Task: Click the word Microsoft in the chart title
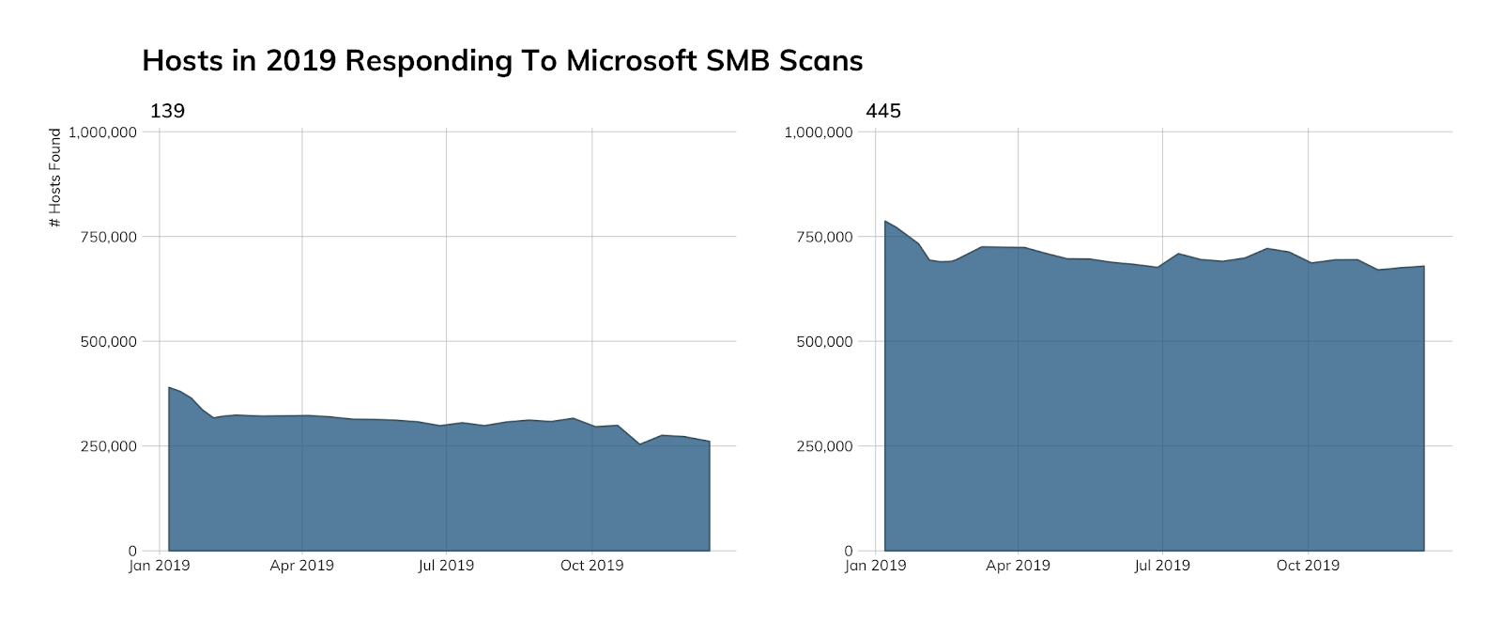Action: (630, 61)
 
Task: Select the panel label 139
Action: (167, 111)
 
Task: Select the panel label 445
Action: (883, 111)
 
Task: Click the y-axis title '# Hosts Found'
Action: (55, 178)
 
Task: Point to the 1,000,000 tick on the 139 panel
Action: (102, 132)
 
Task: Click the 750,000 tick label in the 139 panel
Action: (108, 237)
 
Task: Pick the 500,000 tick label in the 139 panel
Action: (108, 342)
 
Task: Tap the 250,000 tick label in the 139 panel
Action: (108, 446)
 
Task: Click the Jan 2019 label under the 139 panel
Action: (159, 566)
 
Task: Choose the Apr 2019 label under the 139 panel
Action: (301, 566)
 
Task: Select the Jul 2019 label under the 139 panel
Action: (446, 566)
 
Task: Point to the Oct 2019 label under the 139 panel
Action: (591, 566)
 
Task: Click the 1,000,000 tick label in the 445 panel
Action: (819, 132)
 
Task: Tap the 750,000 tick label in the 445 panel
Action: (824, 237)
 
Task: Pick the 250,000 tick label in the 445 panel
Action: (824, 446)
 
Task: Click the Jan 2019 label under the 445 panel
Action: (875, 566)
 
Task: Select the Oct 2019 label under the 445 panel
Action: (1308, 566)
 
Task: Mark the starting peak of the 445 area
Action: (885, 222)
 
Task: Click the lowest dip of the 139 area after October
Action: (640, 444)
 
